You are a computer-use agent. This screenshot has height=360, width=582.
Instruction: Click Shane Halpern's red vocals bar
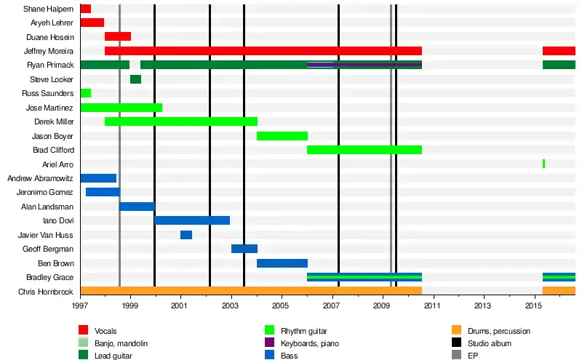coord(86,9)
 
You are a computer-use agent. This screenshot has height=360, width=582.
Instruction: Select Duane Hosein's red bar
coord(118,36)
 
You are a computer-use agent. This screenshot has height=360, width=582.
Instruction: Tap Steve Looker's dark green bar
coord(135,79)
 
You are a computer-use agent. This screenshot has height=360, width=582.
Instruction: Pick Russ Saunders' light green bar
coord(86,93)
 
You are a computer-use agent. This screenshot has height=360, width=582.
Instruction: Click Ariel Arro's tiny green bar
coord(543,164)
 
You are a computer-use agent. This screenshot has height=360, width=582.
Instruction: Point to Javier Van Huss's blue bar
coord(186,235)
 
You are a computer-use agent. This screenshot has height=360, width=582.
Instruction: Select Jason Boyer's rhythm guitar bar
coord(282,136)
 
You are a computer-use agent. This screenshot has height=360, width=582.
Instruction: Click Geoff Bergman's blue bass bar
coord(244,249)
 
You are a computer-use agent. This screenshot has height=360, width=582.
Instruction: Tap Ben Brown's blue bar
coord(282,263)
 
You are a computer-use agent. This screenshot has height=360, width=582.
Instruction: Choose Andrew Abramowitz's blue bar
coord(98,178)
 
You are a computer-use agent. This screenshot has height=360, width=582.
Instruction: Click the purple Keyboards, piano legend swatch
coord(270,343)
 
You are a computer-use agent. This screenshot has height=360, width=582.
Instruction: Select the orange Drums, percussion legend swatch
coord(457,331)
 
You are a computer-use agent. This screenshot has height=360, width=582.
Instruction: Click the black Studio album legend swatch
coord(457,343)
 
